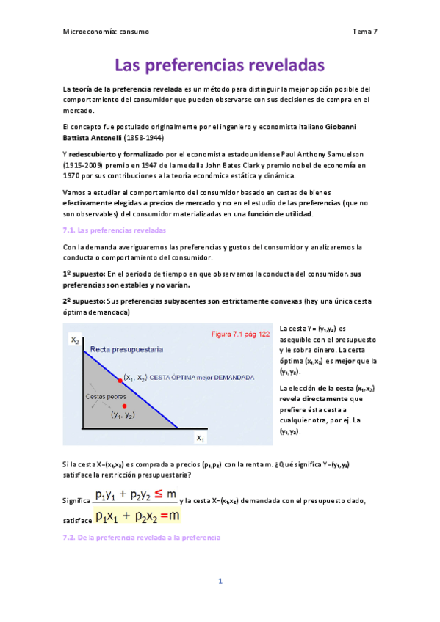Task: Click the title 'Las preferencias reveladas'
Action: pyautogui.click(x=220, y=65)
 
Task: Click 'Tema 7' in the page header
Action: pyautogui.click(x=365, y=32)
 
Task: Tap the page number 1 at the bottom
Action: pyautogui.click(x=220, y=581)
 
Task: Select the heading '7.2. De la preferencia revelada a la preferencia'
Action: pyautogui.click(x=142, y=538)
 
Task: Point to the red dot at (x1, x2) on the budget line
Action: pyautogui.click(x=121, y=380)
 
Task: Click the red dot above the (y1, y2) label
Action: pyautogui.click(x=125, y=406)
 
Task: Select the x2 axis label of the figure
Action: pyautogui.click(x=74, y=340)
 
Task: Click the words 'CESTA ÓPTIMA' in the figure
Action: pyautogui.click(x=176, y=378)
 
